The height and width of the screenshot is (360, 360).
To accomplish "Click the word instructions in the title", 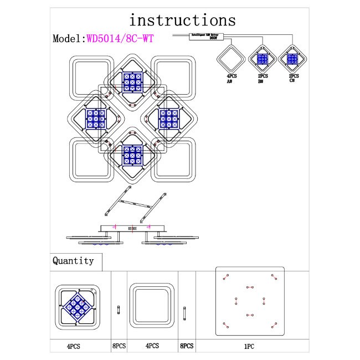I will tap(182, 20).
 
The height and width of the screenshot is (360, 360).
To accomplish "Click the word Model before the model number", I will tap(67, 39).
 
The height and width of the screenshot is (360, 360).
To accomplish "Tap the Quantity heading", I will tap(73, 260).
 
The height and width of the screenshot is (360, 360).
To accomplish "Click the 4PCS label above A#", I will tap(230, 76).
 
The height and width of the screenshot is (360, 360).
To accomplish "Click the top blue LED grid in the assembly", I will tap(133, 82).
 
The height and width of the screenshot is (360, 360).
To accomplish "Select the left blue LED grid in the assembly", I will tap(95, 119).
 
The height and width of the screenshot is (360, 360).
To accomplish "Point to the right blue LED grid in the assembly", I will tap(169, 119).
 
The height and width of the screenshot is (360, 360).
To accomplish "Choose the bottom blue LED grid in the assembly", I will tap(133, 155).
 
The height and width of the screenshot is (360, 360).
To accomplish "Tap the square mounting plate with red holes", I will tap(250, 301).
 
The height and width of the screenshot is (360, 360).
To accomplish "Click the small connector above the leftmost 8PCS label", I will tap(118, 310).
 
